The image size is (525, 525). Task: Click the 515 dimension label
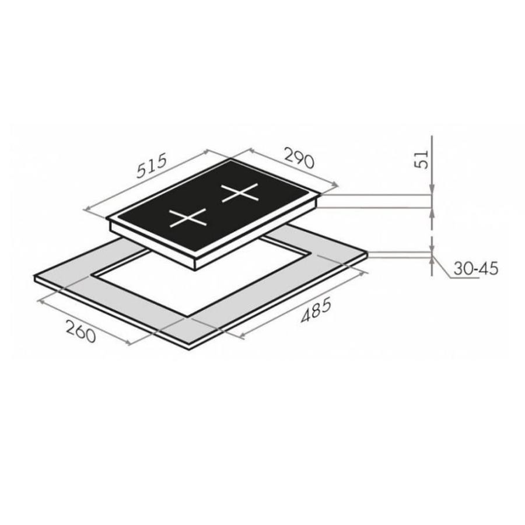pyautogui.click(x=151, y=166)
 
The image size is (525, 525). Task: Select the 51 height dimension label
pyautogui.click(x=422, y=159)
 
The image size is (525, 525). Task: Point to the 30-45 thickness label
pyautogui.click(x=476, y=268)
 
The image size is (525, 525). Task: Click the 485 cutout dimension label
pyautogui.click(x=316, y=310)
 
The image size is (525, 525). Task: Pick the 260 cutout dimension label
pyautogui.click(x=80, y=331)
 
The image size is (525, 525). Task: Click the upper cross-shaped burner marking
pyautogui.click(x=240, y=192)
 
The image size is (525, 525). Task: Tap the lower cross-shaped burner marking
pyautogui.click(x=188, y=218)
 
